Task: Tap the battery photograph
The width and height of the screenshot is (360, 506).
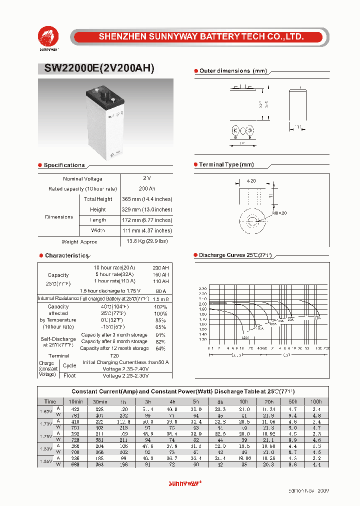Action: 105,119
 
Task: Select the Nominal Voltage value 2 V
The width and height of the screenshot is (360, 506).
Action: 146,178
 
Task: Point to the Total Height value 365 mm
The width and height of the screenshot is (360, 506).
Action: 147,199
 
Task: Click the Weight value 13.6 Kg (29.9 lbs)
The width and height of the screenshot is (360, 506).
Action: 147,241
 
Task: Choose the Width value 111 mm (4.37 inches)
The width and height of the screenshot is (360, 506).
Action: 147,230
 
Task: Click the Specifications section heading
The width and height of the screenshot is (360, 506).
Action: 64,165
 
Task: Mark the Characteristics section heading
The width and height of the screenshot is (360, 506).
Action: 66,255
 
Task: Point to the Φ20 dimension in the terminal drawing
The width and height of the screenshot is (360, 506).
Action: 251,181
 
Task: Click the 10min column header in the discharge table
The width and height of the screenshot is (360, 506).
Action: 76,401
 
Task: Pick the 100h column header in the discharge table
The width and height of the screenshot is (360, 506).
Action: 316,401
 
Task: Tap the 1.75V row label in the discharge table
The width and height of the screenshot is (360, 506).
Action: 45,436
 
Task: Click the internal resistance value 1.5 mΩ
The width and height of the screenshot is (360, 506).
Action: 160,298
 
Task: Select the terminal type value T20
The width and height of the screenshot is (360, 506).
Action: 114,355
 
